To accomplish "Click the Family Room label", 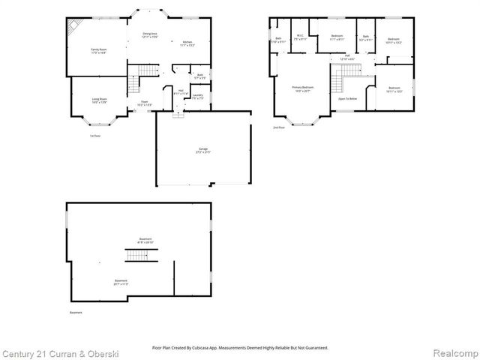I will (x=98, y=50).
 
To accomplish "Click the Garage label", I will (x=203, y=151).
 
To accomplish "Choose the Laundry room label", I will (x=197, y=97).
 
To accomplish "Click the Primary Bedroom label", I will (x=303, y=88).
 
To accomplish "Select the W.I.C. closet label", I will (x=299, y=37).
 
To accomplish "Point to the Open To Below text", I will (x=347, y=98).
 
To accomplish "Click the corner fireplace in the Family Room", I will (x=73, y=28).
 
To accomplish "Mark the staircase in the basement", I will (x=135, y=256).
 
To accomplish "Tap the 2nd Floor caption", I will (x=278, y=127).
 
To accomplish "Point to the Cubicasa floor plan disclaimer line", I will (x=240, y=347).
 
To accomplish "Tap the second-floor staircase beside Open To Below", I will (x=347, y=71).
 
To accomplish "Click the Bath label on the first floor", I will (x=200, y=76).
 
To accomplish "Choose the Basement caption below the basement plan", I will (x=75, y=312).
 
